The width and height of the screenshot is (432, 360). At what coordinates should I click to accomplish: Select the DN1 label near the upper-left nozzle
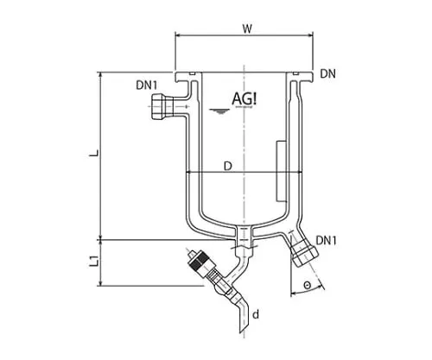pyautogui.click(x=147, y=85)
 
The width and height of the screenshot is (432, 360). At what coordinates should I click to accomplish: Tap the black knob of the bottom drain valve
pyautogui.click(x=198, y=259)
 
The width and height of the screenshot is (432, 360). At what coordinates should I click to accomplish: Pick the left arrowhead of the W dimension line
pyautogui.click(x=179, y=36)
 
